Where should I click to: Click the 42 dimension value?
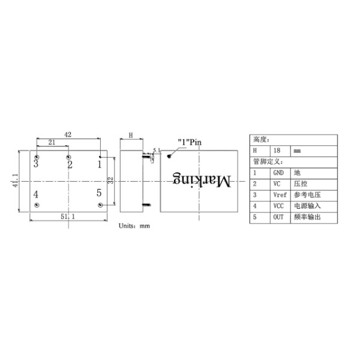[68, 134]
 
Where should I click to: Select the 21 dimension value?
[52, 142]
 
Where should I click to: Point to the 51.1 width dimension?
[68, 217]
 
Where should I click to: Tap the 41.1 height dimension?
[15, 181]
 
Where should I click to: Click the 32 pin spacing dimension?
[110, 181]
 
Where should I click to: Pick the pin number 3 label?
[36, 164]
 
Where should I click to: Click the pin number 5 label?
[99, 193]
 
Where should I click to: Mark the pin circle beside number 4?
[37, 205]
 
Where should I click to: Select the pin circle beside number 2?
[68, 157]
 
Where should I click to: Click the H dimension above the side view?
[131, 135]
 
